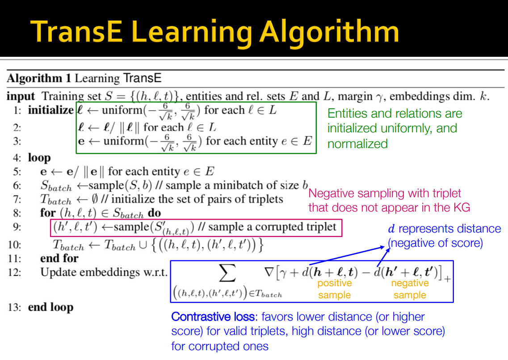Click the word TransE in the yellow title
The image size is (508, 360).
coord(76,31)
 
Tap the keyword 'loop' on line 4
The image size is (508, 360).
coord(39,158)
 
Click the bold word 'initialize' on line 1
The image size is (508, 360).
coord(50,110)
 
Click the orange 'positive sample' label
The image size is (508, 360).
coord(334,289)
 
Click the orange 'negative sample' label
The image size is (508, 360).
coord(410,289)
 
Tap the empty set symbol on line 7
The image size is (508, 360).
coord(95,199)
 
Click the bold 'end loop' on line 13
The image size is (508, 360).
coord(50,307)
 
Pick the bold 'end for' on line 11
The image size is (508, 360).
coord(59,258)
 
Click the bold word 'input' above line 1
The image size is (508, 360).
coord(21,97)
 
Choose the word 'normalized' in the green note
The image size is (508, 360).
coord(357,144)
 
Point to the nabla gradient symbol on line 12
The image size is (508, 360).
coord(269,272)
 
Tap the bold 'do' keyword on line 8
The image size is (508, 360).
coord(154,213)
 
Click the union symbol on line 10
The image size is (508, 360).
coord(143,245)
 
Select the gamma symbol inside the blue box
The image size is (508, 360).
coord(283,274)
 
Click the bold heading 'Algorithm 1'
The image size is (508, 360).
coord(39,78)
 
